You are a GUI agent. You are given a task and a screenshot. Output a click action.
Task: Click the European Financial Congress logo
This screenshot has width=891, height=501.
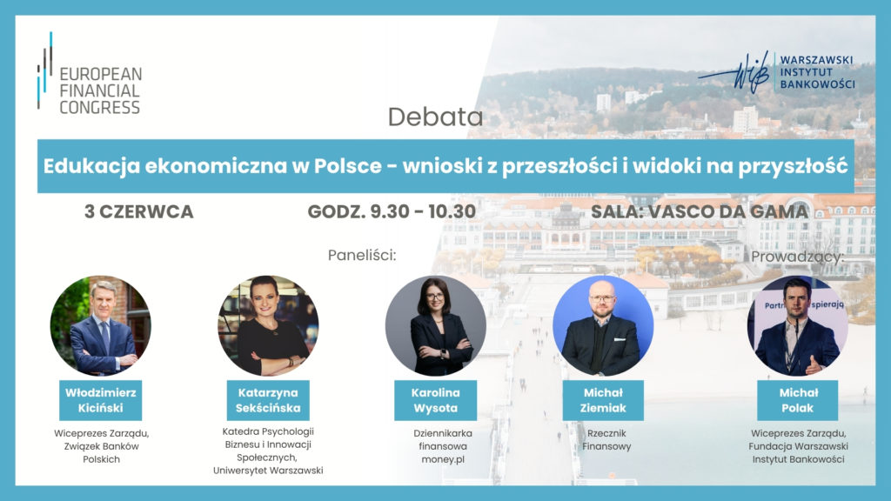(90, 74)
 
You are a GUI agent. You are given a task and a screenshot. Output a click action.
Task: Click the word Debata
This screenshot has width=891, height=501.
(435, 117)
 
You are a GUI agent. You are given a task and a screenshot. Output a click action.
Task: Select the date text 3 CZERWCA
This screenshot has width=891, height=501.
(139, 212)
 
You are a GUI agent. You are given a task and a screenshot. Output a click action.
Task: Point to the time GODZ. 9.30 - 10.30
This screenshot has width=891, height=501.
(392, 212)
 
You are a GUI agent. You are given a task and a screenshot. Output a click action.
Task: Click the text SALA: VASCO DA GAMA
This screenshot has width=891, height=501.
(699, 212)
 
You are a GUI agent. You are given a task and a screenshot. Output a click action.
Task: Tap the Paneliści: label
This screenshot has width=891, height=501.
(362, 255)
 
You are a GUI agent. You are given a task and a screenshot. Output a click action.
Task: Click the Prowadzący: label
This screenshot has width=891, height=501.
(797, 257)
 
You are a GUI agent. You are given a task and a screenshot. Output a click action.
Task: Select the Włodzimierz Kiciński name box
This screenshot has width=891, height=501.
(101, 400)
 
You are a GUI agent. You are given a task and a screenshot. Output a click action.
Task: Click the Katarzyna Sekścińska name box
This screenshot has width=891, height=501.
(268, 400)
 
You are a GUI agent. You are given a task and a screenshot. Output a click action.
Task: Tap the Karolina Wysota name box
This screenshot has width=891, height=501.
(436, 400)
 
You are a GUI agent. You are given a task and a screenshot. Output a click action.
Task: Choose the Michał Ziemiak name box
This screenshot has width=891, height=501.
(603, 400)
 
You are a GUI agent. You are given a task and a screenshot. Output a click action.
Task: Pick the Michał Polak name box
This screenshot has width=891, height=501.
(798, 400)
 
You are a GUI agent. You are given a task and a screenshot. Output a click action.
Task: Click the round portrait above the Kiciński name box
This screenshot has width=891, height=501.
(101, 325)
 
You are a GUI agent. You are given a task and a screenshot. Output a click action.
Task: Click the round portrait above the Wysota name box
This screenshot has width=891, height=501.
(436, 325)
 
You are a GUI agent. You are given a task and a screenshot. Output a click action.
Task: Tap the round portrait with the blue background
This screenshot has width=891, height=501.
(603, 325)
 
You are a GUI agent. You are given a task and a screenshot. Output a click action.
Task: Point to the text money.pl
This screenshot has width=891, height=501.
(443, 459)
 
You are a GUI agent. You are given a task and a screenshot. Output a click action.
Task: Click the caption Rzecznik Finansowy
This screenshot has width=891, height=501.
(606, 439)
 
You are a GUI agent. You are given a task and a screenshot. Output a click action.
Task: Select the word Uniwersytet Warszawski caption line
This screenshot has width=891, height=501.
(268, 471)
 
